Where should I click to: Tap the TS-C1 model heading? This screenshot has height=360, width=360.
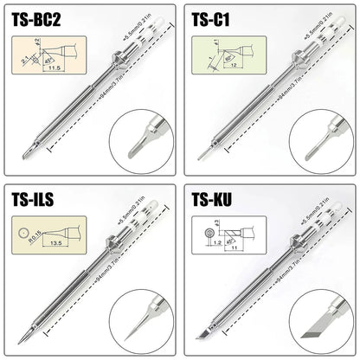coord(212,19)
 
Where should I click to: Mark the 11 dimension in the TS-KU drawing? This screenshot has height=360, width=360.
coord(234,248)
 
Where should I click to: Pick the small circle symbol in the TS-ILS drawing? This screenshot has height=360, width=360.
coord(22,233)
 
